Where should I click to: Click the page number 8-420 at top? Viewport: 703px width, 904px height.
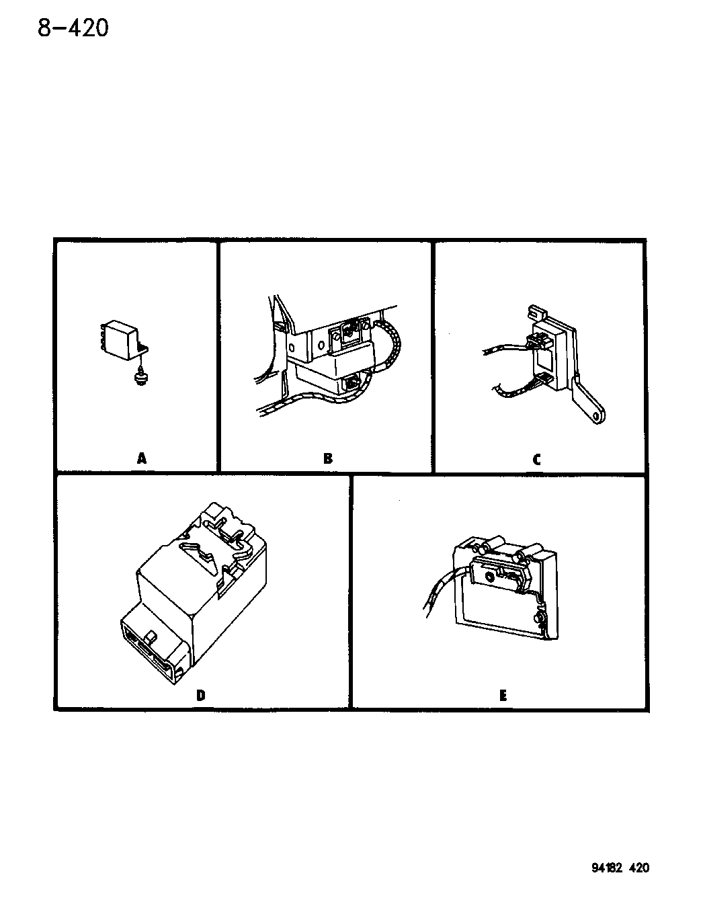coord(73,28)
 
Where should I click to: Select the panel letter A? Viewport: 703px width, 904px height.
coord(142,458)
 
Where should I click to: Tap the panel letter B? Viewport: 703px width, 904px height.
coord(328,458)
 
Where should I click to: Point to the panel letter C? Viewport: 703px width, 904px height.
coord(536,460)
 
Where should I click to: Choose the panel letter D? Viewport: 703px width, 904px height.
coord(200,695)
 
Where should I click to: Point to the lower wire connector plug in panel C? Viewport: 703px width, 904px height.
coord(543,378)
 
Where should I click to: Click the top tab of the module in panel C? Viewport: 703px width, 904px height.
coord(536,312)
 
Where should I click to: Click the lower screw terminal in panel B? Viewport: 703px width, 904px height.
coord(351,382)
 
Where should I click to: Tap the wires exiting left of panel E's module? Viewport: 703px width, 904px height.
coord(445,587)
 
